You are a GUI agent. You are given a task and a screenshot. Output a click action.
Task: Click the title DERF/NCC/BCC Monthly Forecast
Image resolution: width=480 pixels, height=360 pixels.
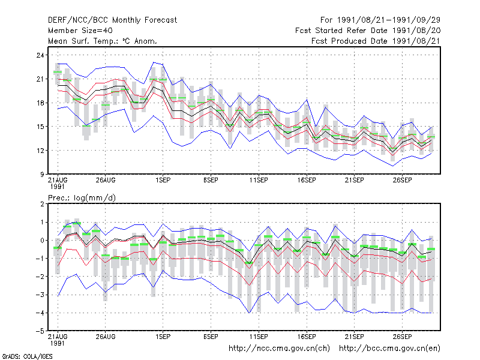click(x=112, y=20)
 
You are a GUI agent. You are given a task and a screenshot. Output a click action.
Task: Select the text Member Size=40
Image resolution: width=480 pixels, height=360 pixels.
click(x=80, y=31)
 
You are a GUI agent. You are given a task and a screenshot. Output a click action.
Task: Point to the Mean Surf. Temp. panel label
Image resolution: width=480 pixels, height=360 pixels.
click(x=103, y=41)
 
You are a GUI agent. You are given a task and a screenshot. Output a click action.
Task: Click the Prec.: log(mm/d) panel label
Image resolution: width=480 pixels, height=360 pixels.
click(x=82, y=198)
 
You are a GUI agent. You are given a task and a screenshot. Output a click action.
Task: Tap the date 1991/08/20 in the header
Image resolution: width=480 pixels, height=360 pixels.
click(x=416, y=31)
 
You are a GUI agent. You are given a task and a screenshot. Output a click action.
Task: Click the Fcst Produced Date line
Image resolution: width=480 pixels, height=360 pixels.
click(x=376, y=41)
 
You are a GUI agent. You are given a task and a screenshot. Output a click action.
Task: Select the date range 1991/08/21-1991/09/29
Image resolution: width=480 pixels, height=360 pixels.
click(x=388, y=20)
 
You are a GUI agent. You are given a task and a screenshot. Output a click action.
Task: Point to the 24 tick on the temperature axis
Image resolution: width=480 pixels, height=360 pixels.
click(x=40, y=55)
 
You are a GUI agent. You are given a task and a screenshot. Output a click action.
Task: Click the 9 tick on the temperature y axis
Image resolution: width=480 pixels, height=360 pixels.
click(x=42, y=175)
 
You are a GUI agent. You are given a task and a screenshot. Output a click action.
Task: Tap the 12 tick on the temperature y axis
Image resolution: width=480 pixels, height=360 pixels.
click(x=40, y=151)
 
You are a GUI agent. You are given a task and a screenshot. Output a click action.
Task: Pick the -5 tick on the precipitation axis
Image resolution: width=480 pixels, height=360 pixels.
click(x=40, y=331)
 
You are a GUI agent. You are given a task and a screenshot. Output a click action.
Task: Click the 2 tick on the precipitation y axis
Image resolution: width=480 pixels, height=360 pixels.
click(x=42, y=204)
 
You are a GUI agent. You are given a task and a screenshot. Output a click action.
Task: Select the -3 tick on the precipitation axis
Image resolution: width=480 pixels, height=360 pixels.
click(x=40, y=295)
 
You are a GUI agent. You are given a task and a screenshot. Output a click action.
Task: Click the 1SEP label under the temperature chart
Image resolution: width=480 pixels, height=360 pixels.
click(x=163, y=181)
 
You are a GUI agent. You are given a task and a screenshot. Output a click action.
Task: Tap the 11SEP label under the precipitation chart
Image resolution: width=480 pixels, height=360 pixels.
click(x=259, y=337)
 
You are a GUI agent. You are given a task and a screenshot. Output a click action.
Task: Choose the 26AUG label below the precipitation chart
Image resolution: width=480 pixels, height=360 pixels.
click(x=106, y=337)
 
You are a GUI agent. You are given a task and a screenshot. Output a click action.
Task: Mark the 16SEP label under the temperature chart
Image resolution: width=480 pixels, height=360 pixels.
click(x=307, y=181)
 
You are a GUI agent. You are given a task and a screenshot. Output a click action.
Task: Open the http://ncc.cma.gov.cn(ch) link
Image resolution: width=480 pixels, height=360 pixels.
click(x=279, y=349)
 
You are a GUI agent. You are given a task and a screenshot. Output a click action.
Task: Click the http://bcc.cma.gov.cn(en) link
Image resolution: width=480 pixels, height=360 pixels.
click(x=389, y=349)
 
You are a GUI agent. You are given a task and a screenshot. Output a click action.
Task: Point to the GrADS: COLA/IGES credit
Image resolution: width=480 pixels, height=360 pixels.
click(x=27, y=356)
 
